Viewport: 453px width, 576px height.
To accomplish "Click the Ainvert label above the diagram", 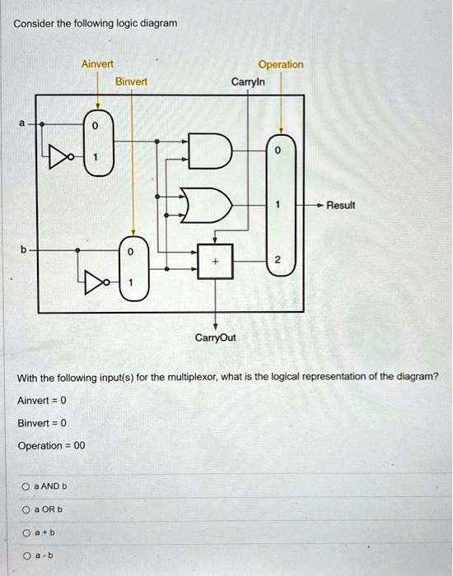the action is click(97, 64).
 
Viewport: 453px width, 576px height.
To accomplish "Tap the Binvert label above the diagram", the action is click(131, 81).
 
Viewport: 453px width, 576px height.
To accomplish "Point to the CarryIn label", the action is click(248, 81).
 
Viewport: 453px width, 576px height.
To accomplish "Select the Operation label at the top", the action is click(281, 65).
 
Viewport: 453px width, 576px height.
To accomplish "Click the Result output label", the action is click(341, 205).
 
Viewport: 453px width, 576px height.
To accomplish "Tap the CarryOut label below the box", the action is click(216, 337).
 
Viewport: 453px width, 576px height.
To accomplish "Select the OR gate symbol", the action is click(206, 206).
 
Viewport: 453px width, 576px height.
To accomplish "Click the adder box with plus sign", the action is click(215, 262).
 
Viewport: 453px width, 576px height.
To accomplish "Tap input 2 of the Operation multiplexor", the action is click(278, 260).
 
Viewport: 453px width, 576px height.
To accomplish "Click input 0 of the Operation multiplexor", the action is click(278, 151).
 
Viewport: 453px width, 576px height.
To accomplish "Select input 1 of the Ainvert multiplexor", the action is click(96, 157).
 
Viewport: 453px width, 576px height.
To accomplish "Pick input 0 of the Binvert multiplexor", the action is click(130, 253).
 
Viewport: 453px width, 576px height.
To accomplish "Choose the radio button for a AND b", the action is click(26, 487).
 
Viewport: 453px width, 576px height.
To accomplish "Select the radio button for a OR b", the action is click(26, 510).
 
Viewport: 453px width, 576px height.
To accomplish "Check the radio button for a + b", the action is click(26, 532).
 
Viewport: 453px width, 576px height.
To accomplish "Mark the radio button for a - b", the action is click(27, 555).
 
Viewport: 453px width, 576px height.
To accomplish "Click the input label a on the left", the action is click(22, 123).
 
